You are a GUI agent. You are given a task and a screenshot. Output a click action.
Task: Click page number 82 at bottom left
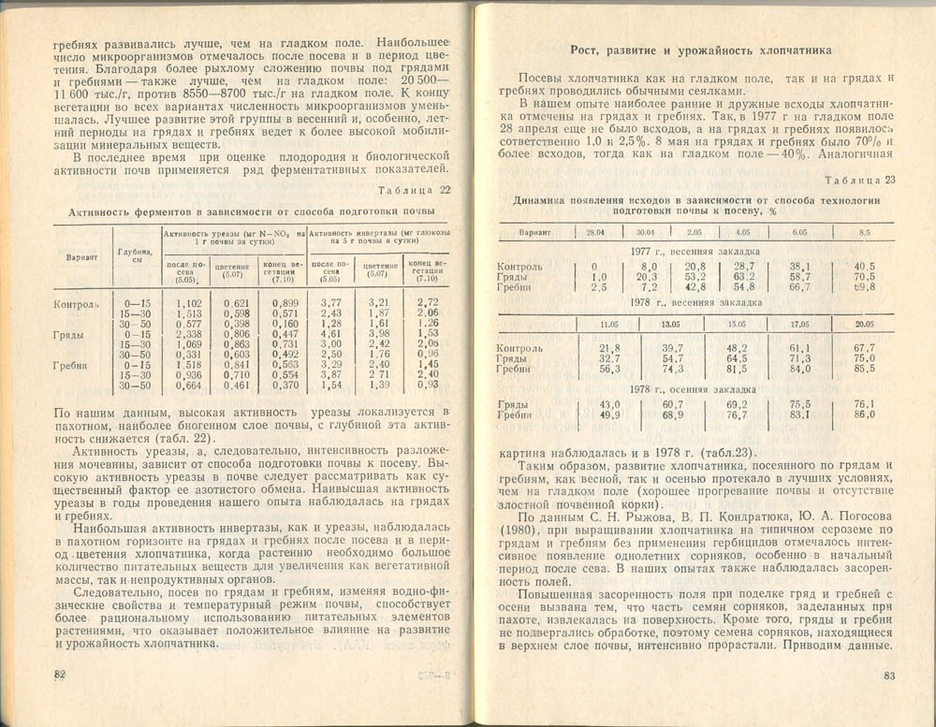(x=58, y=676)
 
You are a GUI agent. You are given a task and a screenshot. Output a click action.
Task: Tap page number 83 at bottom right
(x=889, y=676)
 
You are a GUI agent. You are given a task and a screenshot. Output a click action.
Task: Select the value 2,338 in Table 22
(x=189, y=334)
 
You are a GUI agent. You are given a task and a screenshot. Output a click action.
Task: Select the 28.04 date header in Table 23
(x=595, y=232)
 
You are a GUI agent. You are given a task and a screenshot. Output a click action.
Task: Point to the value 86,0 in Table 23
(x=864, y=414)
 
